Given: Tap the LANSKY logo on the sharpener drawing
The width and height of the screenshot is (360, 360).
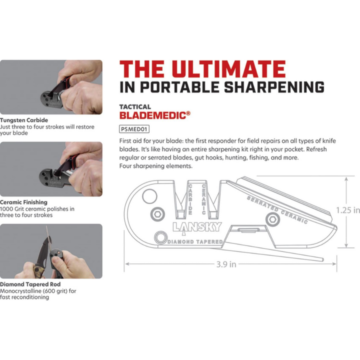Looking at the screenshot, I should coord(197,226).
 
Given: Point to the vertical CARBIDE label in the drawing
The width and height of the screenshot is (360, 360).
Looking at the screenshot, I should coord(190,199).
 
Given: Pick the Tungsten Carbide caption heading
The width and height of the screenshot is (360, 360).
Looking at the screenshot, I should coord(24,120).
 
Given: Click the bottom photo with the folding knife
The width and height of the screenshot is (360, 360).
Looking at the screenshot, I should coord(51,250).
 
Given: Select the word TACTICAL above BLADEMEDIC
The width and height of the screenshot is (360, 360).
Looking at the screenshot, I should coord(135,106).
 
